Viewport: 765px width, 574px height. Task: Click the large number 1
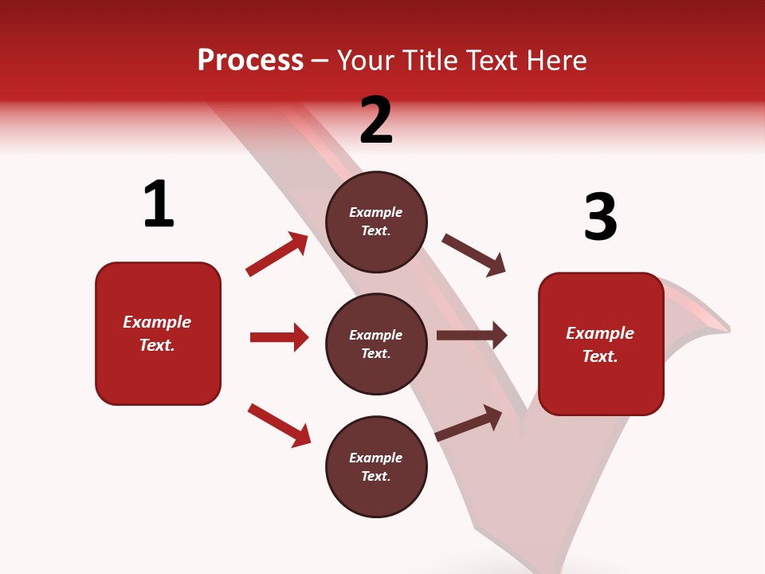159,205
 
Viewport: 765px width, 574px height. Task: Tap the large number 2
376,120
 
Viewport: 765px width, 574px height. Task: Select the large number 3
600,217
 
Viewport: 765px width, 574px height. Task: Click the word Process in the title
250,60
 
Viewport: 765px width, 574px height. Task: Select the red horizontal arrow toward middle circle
279,337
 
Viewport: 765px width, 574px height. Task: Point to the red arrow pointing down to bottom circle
279,425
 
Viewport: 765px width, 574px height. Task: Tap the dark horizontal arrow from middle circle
472,336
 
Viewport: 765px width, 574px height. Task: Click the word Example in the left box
157,322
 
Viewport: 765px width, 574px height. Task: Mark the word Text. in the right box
600,356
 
